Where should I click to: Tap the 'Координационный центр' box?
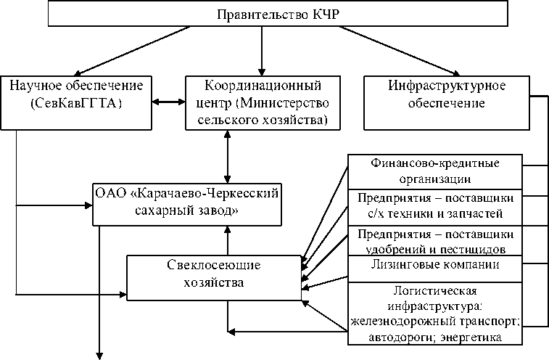[x=263, y=102]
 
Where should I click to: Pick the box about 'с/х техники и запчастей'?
[x=435, y=205]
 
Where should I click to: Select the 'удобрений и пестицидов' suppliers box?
[x=435, y=240]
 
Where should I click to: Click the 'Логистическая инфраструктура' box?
[x=435, y=312]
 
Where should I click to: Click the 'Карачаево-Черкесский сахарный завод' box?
[x=188, y=202]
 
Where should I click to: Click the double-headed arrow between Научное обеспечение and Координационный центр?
[x=170, y=102]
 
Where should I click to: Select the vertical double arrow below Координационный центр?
[x=229, y=155]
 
